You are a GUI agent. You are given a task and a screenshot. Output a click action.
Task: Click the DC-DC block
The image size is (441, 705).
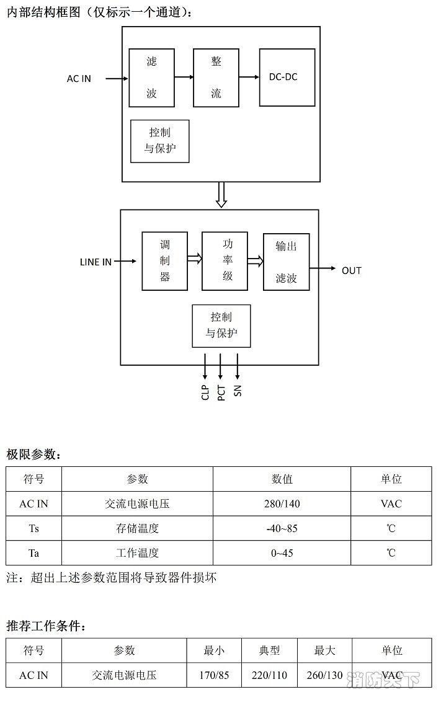coord(287,78)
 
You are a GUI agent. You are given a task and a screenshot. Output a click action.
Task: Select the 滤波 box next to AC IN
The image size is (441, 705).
coord(151,78)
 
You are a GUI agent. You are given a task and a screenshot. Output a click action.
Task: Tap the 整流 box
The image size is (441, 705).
coord(216,78)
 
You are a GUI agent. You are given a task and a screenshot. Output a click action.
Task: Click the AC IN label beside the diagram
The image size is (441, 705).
coord(79,79)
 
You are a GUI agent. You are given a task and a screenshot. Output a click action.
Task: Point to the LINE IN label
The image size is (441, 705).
coord(96,262)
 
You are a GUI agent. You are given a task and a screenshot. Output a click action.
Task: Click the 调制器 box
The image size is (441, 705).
coord(164,261)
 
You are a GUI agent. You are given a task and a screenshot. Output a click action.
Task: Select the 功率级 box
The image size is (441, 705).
coord(225,261)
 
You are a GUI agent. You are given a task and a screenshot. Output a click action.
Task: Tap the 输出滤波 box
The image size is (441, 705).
coord(286,262)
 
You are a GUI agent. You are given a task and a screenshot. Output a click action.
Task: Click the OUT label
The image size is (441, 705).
coord(351,270)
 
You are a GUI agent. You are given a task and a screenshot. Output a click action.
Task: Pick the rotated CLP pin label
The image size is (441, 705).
coord(205,392)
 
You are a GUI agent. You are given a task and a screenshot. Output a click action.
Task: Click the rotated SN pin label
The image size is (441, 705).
coord(238,391)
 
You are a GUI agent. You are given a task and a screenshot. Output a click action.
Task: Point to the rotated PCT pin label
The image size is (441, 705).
coord(221,392)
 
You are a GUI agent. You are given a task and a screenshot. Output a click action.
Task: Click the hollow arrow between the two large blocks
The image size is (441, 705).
coord(221,195)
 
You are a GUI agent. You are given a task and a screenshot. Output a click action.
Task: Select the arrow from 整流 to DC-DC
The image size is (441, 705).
coord(249,78)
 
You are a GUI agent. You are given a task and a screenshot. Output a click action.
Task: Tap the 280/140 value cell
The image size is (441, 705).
coord(282,503)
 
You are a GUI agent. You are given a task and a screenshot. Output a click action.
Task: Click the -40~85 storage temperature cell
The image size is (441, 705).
coord(282,528)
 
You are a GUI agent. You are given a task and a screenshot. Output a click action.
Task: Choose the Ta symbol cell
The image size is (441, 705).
coord(33,553)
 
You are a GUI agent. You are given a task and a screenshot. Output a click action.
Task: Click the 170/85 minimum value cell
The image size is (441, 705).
coord(214,675)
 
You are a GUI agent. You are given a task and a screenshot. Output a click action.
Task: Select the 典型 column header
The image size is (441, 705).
coord(269,650)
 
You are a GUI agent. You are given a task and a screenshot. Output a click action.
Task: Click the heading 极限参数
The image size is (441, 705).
coord(34,454)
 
